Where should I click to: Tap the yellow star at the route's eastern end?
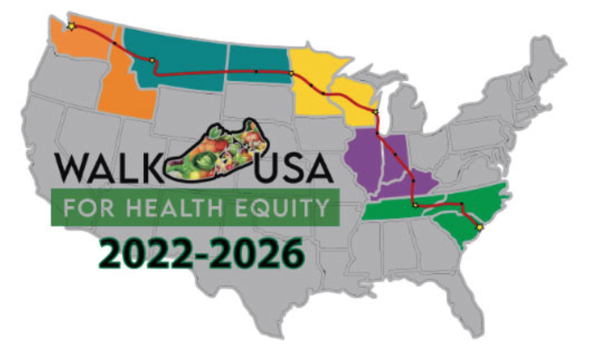[x=479, y=228]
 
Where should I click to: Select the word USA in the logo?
[x=294, y=169]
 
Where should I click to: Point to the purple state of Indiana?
[x=395, y=160]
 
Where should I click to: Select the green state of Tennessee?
[x=401, y=210]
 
